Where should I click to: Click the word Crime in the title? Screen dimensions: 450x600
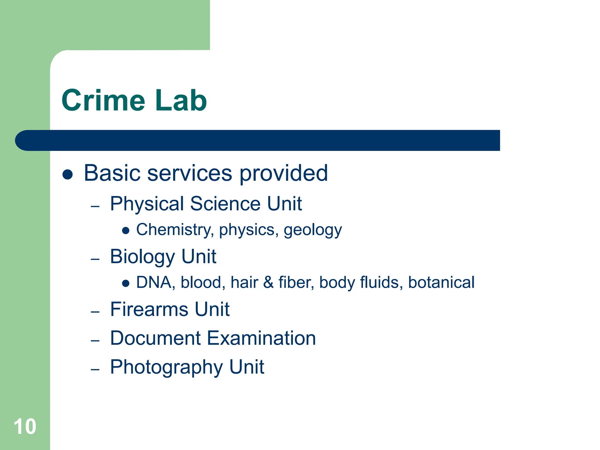(x=103, y=100)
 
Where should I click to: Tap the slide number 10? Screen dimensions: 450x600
(x=25, y=427)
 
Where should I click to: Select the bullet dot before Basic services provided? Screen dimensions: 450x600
(x=68, y=174)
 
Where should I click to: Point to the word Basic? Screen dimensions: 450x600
(x=112, y=173)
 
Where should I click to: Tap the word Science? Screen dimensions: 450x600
(x=225, y=204)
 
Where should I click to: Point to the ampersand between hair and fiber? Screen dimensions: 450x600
(x=268, y=283)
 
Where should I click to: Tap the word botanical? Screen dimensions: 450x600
(x=441, y=282)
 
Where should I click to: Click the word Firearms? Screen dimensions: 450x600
(x=149, y=309)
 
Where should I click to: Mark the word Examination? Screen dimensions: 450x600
(x=261, y=338)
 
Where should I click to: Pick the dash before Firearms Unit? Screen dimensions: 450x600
(x=95, y=312)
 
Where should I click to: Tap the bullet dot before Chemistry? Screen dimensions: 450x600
(x=126, y=231)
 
